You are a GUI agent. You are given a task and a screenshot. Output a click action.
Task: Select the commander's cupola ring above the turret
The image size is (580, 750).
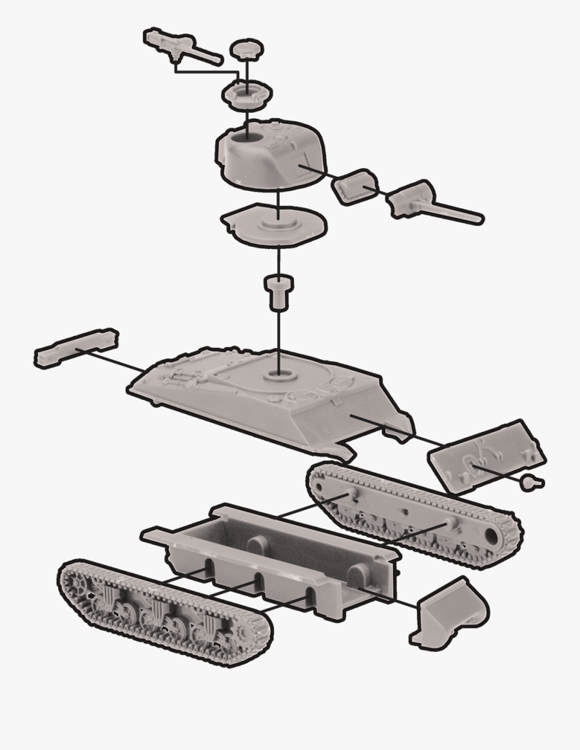(246, 94)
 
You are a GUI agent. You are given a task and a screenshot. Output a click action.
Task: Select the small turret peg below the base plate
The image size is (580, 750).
(278, 291)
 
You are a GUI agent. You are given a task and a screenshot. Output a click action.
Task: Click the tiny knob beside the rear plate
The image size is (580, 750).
(532, 482)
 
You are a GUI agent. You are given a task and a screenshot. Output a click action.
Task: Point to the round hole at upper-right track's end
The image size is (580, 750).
(492, 537)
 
